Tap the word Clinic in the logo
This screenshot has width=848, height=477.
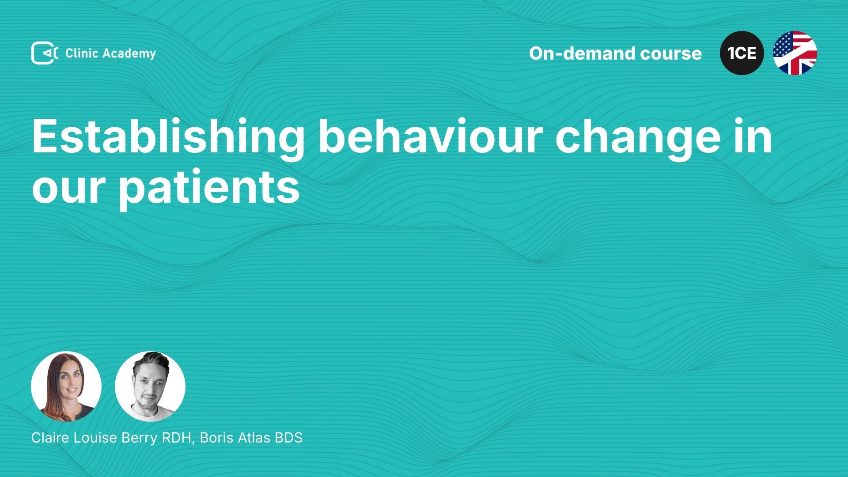(82, 53)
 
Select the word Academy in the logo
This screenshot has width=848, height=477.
(129, 54)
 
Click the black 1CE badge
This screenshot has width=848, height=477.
(742, 53)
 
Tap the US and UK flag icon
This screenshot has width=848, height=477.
(795, 53)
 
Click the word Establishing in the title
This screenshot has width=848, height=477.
(168, 138)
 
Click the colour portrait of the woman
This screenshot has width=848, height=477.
(66, 386)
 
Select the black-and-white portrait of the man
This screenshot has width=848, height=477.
(150, 386)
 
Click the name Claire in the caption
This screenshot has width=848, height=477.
(50, 438)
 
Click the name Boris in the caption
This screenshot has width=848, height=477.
(216, 438)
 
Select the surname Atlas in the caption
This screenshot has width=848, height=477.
(254, 438)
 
